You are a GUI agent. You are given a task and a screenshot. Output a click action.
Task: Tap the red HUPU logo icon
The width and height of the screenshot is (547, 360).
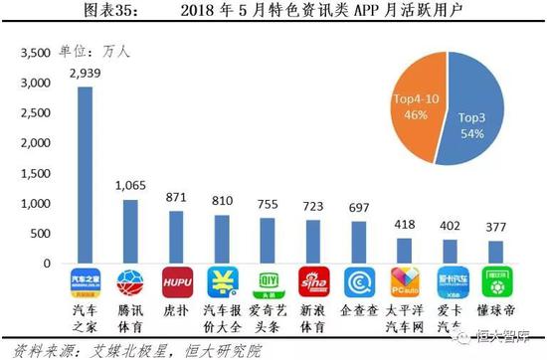tap(176, 281)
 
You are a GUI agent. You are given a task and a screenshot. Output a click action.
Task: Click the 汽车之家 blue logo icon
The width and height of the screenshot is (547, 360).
tap(84, 281)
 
